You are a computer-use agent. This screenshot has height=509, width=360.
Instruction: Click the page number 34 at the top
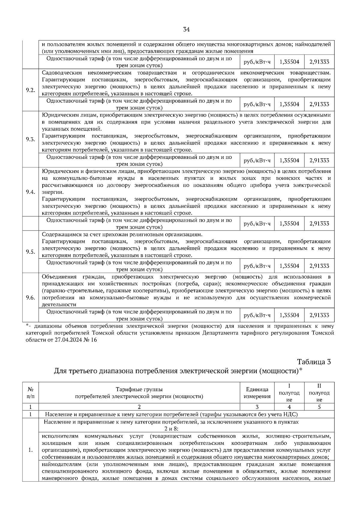pos(186,29)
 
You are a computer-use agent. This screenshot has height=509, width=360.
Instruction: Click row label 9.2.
pos(30,91)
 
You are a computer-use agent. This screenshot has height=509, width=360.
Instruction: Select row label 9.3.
pos(30,139)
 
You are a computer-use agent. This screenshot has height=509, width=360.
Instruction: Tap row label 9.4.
pos(30,192)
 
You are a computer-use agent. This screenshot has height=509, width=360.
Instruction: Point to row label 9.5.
pos(30,252)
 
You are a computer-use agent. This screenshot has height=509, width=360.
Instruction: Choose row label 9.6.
pos(30,297)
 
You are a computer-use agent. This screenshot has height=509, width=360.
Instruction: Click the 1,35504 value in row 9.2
pos(289,104)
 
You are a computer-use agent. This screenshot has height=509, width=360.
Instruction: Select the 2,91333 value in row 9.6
pos(319,315)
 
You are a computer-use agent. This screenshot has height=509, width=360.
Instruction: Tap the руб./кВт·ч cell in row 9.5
pos(257,266)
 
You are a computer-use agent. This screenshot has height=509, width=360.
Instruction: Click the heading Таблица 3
pos(314,362)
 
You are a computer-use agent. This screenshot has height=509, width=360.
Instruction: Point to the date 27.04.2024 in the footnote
pos(68,340)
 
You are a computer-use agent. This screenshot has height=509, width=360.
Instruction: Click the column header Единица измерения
pos(257,393)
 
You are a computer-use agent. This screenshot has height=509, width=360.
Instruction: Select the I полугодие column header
pos(289,393)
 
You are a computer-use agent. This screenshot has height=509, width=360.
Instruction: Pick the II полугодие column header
pos(319,393)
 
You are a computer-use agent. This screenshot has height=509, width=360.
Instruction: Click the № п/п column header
pos(30,393)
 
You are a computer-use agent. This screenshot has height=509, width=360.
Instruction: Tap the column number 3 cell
pos(257,407)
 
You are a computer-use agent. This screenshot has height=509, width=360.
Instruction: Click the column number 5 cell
pos(319,407)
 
